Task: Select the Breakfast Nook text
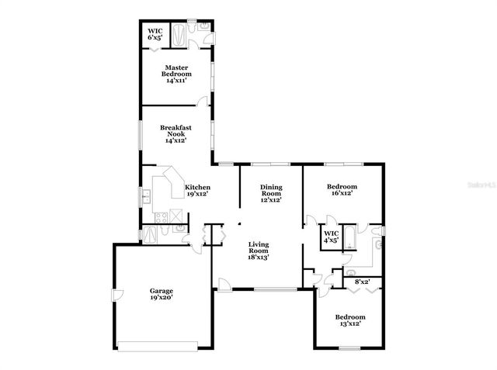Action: click(176, 133)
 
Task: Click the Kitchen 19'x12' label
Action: click(197, 190)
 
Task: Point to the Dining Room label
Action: click(271, 193)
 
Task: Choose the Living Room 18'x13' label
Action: click(259, 251)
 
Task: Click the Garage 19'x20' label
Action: click(161, 293)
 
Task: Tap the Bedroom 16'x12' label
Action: click(342, 189)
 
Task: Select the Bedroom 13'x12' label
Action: click(349, 320)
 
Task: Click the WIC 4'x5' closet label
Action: click(331, 236)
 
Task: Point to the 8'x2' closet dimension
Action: click(361, 282)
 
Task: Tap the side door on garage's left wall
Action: click(114, 296)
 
